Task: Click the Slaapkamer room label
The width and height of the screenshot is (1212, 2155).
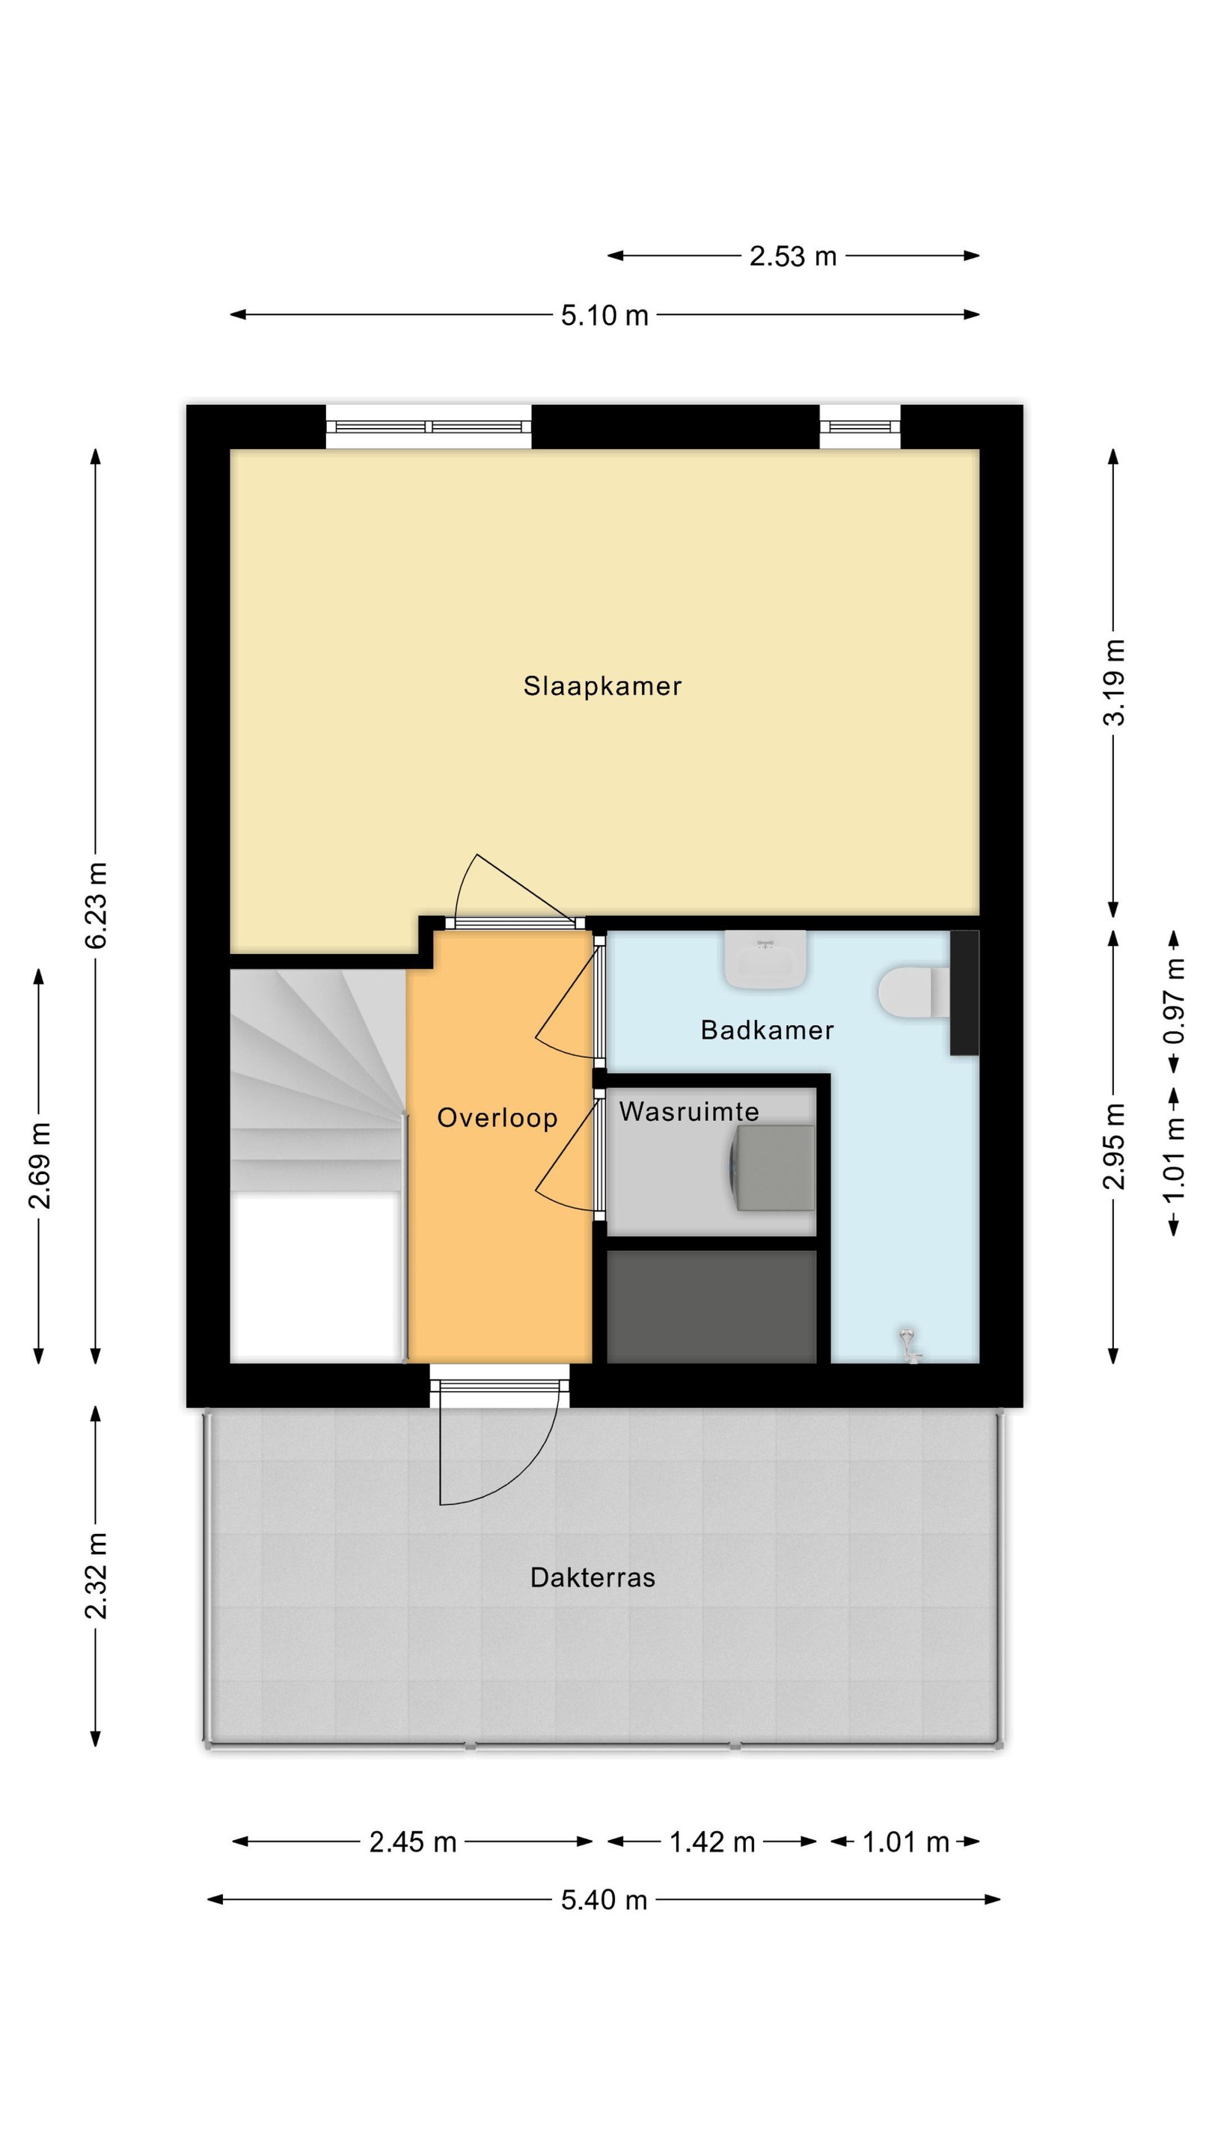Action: (x=602, y=686)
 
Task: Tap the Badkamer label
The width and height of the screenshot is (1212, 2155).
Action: (x=767, y=1030)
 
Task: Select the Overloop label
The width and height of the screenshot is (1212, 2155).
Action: (x=497, y=1118)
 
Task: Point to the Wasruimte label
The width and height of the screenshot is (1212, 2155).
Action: (x=688, y=1112)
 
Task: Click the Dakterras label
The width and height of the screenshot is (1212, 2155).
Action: (x=593, y=1578)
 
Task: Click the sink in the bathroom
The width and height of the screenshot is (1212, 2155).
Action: (x=765, y=959)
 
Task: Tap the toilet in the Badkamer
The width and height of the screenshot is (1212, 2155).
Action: (x=914, y=993)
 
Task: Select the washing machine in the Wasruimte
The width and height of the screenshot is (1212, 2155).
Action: (x=772, y=1168)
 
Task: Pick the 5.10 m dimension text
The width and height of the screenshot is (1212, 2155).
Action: (x=604, y=315)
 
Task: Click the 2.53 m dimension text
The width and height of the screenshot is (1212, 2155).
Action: (x=792, y=256)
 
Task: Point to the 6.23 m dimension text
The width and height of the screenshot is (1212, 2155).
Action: (x=97, y=905)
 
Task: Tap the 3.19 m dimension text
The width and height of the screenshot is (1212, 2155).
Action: (x=1114, y=682)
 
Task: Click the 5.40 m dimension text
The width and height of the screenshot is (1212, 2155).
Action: (x=604, y=1900)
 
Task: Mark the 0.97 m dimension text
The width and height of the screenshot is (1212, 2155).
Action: (x=1175, y=1000)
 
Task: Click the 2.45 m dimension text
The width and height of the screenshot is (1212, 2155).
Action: (x=412, y=1841)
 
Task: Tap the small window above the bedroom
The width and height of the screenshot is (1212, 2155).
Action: (x=859, y=427)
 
